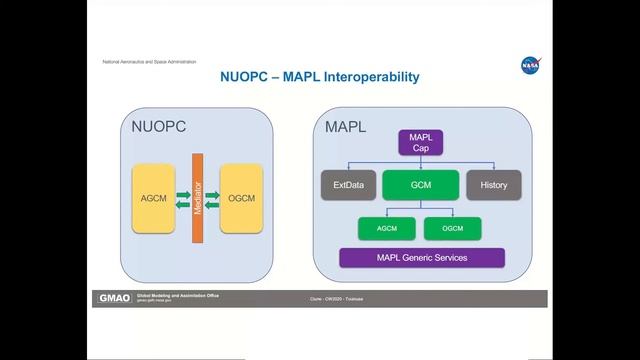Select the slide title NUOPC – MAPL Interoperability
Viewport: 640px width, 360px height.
click(319, 77)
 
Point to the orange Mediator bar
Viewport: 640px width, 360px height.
click(197, 198)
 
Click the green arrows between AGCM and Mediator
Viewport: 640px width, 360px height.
click(183, 199)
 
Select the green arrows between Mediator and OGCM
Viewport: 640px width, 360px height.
click(211, 199)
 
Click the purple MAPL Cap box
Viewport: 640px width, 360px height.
click(420, 142)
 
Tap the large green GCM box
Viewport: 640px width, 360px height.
click(420, 185)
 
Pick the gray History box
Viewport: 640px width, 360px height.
click(494, 185)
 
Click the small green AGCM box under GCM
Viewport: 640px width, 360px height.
click(387, 228)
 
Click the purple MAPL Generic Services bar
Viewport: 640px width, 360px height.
click(420, 258)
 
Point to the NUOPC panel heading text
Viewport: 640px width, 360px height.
click(159, 127)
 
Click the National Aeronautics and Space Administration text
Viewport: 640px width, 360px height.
click(150, 62)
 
